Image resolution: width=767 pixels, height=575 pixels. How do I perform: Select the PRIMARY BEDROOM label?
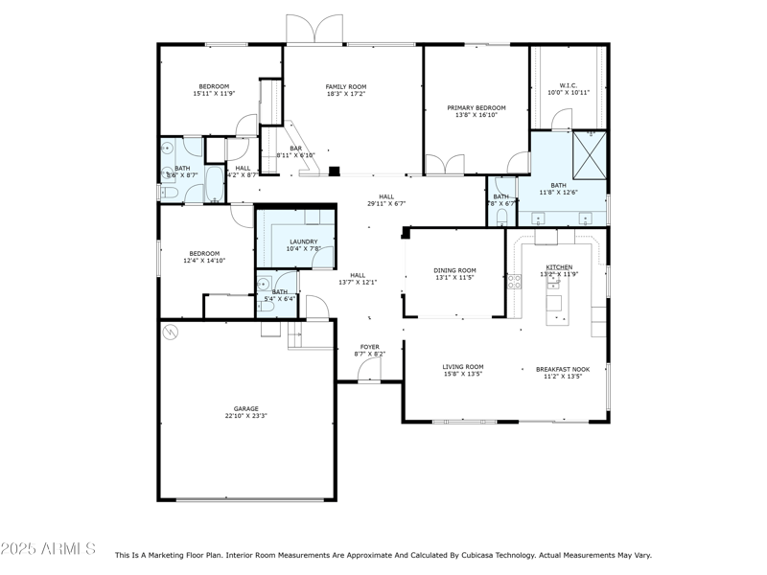(x=476, y=107)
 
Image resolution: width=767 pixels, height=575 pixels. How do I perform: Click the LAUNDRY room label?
(x=303, y=241)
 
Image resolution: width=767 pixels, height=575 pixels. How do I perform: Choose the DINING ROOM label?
(x=455, y=270)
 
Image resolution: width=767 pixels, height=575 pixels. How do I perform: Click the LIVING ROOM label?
(x=463, y=366)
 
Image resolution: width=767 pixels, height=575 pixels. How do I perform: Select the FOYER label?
(x=369, y=347)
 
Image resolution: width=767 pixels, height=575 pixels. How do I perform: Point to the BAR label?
(x=295, y=148)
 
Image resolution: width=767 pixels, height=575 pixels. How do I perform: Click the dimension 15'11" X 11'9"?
(x=214, y=94)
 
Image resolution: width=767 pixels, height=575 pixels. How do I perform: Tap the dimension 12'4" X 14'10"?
(x=204, y=261)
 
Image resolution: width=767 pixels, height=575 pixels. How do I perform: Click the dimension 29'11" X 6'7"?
(x=386, y=204)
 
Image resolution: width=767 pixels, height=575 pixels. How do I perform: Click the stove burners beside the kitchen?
(x=514, y=282)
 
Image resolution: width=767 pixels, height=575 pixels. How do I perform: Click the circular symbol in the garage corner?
(x=172, y=333)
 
